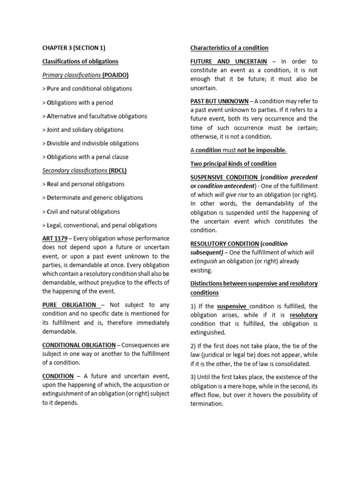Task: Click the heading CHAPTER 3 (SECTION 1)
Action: (74, 48)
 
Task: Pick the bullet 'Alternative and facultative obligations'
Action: (95, 116)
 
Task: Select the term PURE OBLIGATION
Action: (69, 305)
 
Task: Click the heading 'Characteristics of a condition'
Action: (229, 48)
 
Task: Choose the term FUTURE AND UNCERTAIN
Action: (229, 61)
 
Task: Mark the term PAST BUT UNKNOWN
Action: (219, 101)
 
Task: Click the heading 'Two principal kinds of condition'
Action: (233, 164)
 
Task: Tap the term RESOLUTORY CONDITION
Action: (224, 244)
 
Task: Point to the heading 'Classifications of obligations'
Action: (80, 61)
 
